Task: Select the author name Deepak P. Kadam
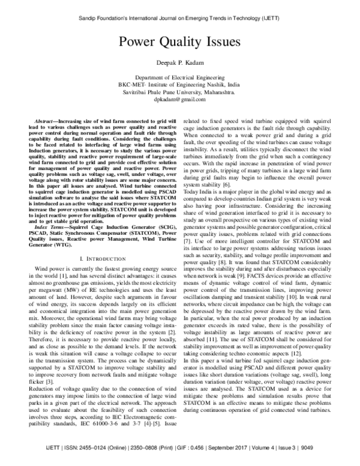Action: pos(179,64)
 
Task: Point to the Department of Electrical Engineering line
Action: pos(179,78)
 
